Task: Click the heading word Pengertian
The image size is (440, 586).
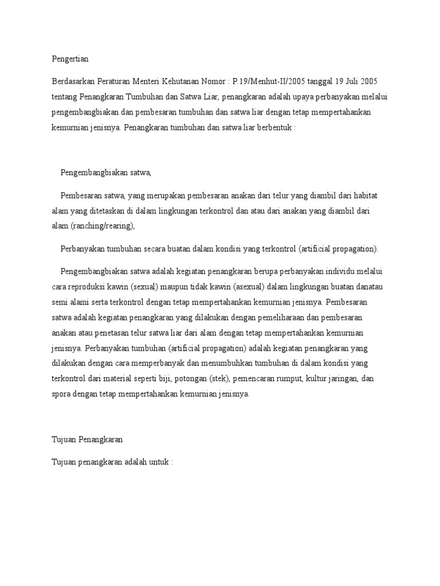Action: (70, 58)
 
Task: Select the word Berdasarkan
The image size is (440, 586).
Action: (72, 81)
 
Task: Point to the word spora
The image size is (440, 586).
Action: (61, 394)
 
